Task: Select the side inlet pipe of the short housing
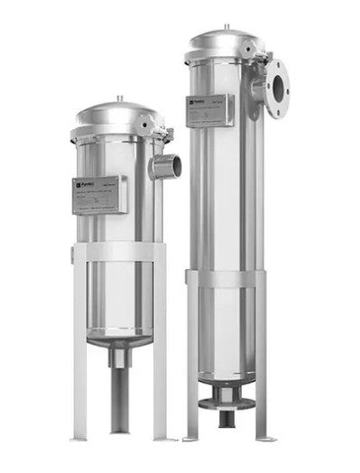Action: pos(167,165)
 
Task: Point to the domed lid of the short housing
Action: pos(116,116)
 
